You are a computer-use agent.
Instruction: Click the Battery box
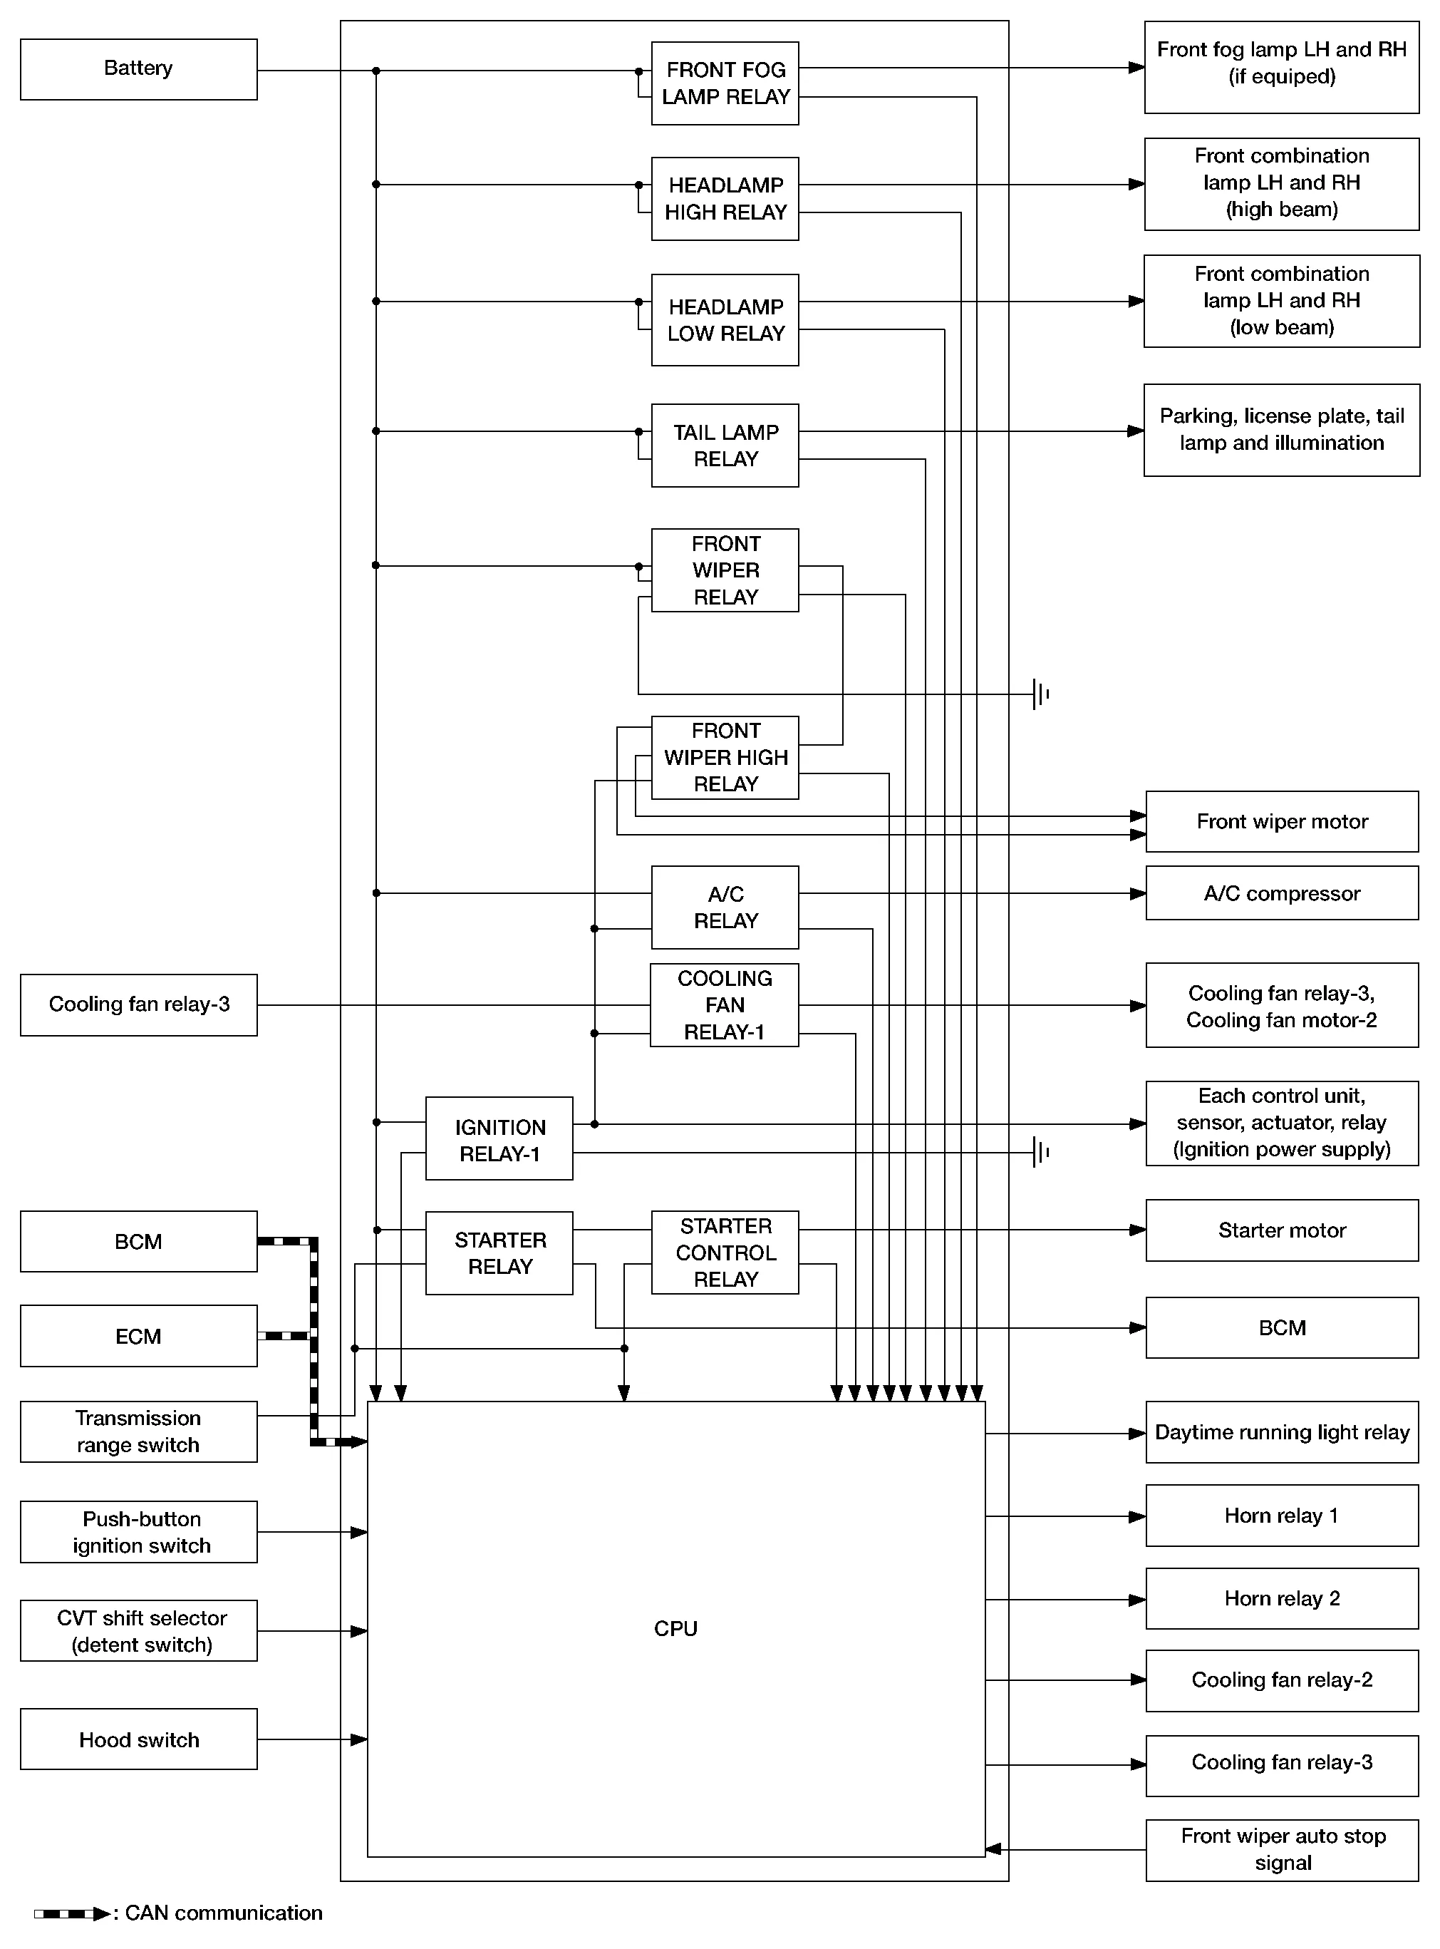(x=139, y=69)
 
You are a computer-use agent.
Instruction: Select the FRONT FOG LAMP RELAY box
(x=725, y=83)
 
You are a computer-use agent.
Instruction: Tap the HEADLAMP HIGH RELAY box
(x=725, y=199)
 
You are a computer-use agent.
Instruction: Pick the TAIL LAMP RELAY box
(x=725, y=445)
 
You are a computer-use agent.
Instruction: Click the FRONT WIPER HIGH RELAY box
(x=725, y=757)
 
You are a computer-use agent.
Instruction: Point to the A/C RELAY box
(x=725, y=907)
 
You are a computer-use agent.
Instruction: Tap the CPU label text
(x=675, y=1628)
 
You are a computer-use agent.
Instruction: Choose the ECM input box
(x=139, y=1335)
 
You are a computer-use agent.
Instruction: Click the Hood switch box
(x=139, y=1739)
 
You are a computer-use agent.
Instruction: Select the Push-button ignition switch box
(x=139, y=1531)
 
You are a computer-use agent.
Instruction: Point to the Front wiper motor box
(x=1281, y=821)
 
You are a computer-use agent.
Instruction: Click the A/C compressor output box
(x=1281, y=893)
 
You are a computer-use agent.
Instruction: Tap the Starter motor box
(x=1281, y=1230)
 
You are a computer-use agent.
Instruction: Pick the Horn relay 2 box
(x=1281, y=1598)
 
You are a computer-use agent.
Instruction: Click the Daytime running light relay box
(x=1281, y=1432)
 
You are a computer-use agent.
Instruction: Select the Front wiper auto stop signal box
(x=1281, y=1848)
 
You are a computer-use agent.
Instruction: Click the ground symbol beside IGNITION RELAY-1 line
(x=1040, y=1152)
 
